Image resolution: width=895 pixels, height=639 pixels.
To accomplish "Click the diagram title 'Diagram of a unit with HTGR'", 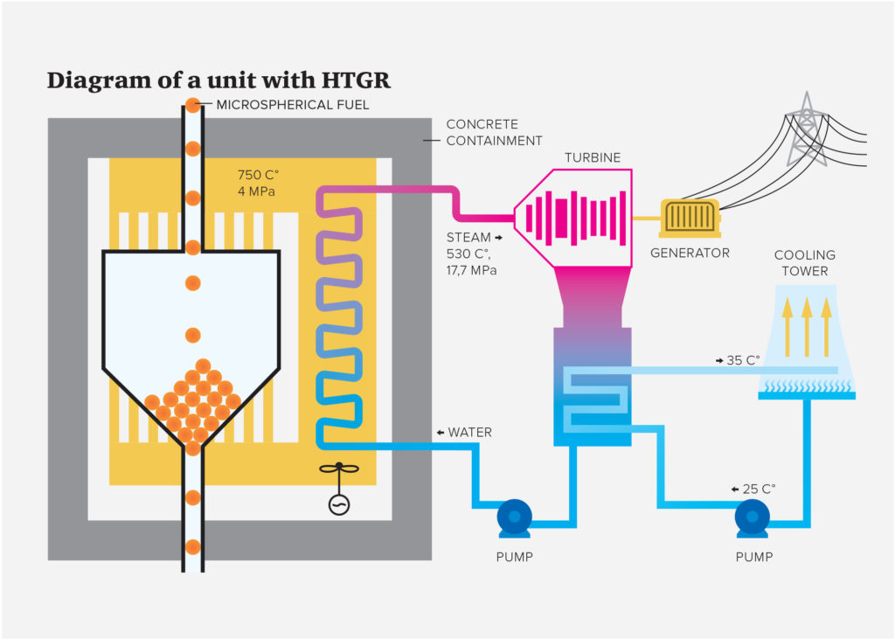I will pos(219,81).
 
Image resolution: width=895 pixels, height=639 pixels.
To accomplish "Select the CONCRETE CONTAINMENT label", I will pos(494,133).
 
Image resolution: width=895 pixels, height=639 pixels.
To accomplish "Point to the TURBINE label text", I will pos(592,157).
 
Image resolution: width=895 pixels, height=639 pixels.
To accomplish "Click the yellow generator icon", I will pos(690,218).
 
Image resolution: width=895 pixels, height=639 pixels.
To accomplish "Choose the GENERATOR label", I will pos(690,254).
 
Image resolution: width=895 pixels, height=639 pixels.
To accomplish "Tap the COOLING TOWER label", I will pos(804,263).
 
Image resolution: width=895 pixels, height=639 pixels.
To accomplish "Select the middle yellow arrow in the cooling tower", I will pos(805,327).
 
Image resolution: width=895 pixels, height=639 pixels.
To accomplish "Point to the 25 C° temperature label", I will pos(753,489).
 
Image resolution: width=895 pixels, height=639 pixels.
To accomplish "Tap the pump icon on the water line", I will pos(514,519).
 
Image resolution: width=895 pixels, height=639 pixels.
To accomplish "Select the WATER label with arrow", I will pos(464,433).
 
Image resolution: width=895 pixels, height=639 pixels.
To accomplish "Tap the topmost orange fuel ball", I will pos(192,106).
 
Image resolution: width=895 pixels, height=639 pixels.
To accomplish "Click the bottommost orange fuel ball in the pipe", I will pos(192,547).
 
